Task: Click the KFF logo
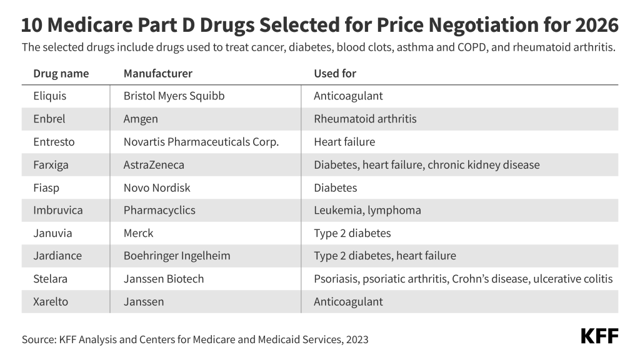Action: pos(599,336)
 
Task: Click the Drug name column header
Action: pos(61,74)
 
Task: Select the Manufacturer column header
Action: pos(157,74)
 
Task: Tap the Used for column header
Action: pos(335,74)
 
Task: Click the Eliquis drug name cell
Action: pos(49,96)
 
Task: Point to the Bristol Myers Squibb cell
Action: pos(174,96)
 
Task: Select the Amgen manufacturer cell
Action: pos(141,119)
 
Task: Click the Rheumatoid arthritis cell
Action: pos(365,119)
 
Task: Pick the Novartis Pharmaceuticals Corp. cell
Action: pos(201,142)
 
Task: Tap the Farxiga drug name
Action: pos(51,165)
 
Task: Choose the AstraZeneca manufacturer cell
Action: pos(154,165)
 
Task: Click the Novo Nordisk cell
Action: pos(157,187)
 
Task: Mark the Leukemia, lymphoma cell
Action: pos(367,210)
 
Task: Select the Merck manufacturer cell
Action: pos(138,233)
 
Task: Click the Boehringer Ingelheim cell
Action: pos(177,256)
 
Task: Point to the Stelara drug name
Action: pos(49,279)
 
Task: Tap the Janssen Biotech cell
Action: pos(164,279)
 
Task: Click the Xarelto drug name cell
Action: pos(50,301)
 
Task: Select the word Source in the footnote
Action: pos(38,340)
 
